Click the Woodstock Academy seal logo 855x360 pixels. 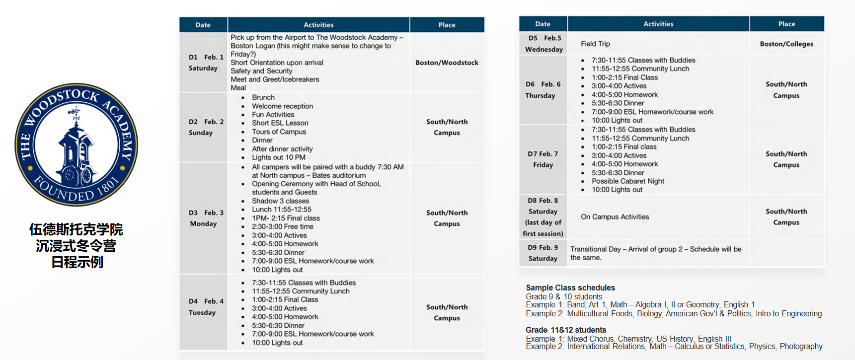pos(76,144)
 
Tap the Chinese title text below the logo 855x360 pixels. pos(76,246)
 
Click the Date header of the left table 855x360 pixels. pos(203,25)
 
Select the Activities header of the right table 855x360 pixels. pos(658,24)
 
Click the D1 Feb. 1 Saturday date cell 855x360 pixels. pos(203,63)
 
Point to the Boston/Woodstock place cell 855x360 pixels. pos(447,63)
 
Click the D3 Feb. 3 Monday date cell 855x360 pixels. pos(203,218)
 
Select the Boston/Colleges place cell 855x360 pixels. pos(786,44)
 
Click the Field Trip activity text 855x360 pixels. pos(595,44)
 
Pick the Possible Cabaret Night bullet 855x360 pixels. pos(627,181)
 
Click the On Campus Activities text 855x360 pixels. pos(615,217)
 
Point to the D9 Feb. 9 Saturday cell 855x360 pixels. pos(543,253)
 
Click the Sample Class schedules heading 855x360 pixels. pos(570,288)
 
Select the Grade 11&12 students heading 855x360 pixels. pos(566,330)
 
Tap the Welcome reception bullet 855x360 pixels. pos(282,106)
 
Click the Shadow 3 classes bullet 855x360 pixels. pos(280,201)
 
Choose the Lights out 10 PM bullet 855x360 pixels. pos(278,157)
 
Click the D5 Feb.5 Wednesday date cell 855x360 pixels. pos(544,43)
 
